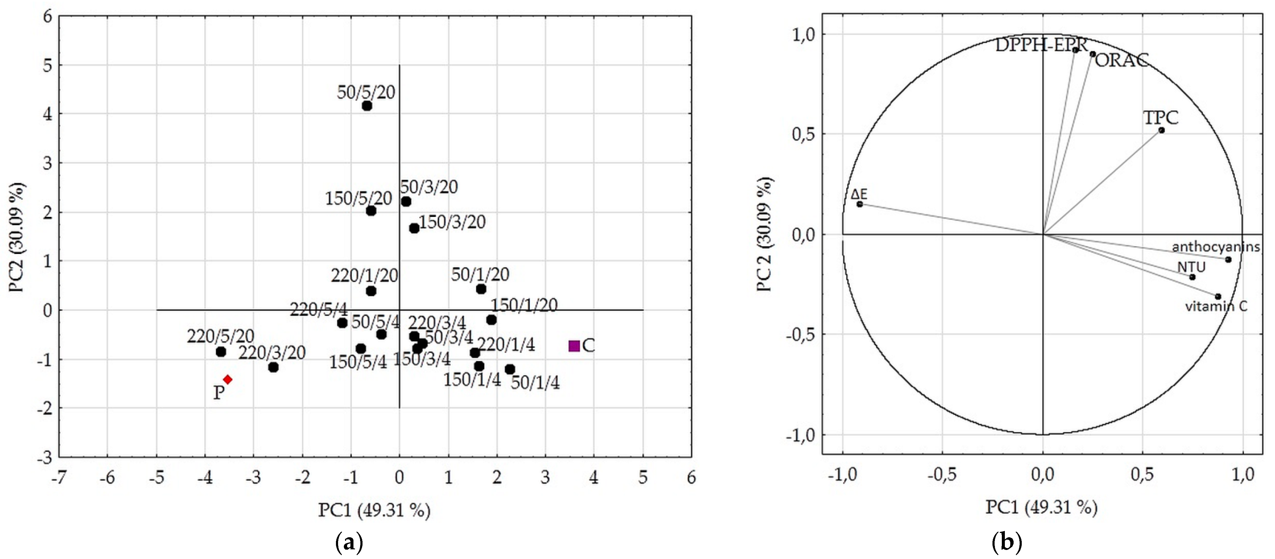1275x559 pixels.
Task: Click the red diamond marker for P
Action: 228,379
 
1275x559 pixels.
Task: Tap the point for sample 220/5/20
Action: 221,352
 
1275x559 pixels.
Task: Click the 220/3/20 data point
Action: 273,367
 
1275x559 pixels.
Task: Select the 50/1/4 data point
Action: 510,369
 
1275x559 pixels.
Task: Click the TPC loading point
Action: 1162,130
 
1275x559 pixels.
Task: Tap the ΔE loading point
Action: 860,204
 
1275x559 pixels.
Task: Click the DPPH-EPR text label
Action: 1040,45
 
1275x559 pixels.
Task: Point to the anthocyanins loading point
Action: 1228,259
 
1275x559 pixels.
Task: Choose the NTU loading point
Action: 1192,277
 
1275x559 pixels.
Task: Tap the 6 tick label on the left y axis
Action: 47,16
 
